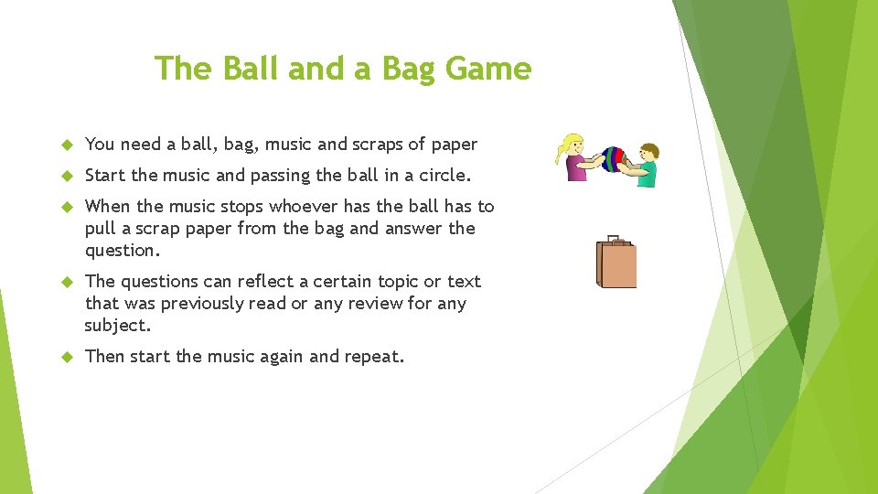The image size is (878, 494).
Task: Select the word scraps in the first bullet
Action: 375,145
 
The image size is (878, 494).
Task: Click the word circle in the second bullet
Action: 443,175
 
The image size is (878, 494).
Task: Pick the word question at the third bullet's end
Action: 122,251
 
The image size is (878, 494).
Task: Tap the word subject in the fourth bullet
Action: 116,326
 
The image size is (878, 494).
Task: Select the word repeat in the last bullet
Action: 373,357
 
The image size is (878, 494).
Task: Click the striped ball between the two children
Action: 612,160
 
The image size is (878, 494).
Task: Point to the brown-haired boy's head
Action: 649,152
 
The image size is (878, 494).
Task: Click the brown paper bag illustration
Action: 616,263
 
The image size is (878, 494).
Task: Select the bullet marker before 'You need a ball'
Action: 66,145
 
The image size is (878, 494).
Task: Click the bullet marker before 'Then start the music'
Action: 66,357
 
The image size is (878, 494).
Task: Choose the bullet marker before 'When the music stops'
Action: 66,207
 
